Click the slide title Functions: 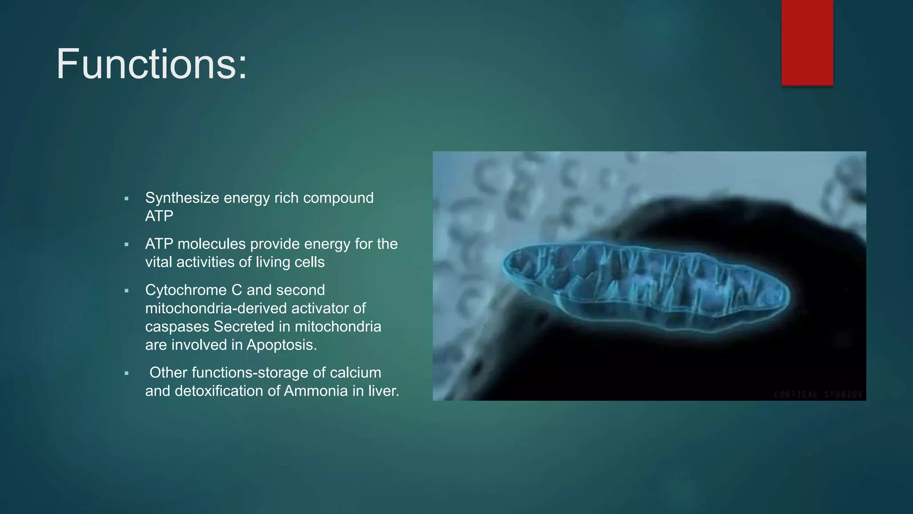click(x=151, y=64)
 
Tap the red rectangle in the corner click(x=807, y=42)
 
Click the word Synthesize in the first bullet click(x=182, y=198)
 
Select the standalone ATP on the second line click(x=159, y=216)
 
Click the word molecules click(x=211, y=244)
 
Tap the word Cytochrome click(x=186, y=290)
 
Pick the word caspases click(x=177, y=327)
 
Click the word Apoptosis click(x=281, y=345)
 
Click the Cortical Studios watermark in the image click(x=818, y=394)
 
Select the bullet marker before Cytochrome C click(x=127, y=291)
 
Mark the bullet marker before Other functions click(x=127, y=373)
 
